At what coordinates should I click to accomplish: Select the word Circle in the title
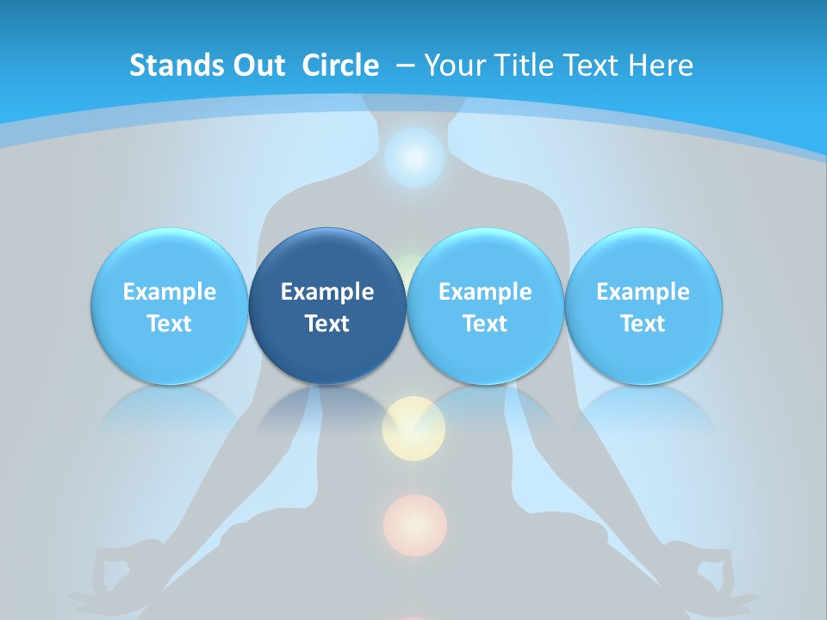click(x=340, y=65)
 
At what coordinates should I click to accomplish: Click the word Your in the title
click(x=453, y=65)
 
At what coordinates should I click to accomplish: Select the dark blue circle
click(x=327, y=306)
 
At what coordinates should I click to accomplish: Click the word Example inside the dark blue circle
click(x=327, y=292)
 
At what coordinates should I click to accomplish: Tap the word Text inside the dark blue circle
click(x=327, y=324)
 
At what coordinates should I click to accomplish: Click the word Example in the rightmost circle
click(x=644, y=292)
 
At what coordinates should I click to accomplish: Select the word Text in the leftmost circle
click(x=169, y=324)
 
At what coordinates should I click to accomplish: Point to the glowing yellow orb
click(x=413, y=426)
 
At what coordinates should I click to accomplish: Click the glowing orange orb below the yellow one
click(x=415, y=524)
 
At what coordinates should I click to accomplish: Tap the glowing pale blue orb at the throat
click(x=414, y=158)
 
